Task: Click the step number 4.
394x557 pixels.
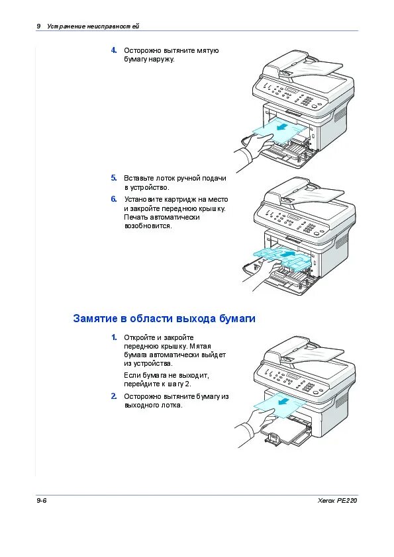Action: [x=114, y=50]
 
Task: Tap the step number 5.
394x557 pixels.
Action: [x=114, y=178]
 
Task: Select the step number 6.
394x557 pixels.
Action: [x=114, y=199]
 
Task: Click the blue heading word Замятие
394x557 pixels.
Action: [x=95, y=318]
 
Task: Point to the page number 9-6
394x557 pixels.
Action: [x=41, y=501]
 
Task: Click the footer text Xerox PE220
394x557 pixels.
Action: [x=337, y=501]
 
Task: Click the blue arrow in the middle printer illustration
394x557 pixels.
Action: [x=287, y=254]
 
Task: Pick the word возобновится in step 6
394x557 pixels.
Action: [x=148, y=226]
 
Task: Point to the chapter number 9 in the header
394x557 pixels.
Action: [x=38, y=26]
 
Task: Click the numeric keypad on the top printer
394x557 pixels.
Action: [x=306, y=101]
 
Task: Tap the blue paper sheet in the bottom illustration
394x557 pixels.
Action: [x=279, y=406]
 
